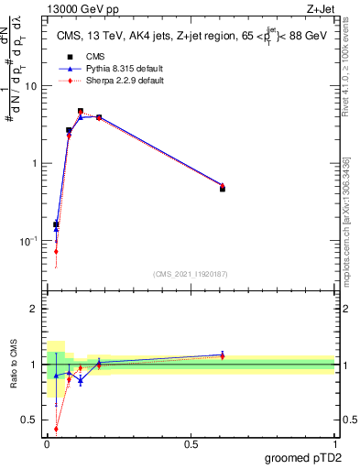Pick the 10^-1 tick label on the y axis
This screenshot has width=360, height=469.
click(x=29, y=241)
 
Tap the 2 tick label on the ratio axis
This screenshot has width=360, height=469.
click(x=36, y=309)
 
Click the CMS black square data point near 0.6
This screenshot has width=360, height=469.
click(x=223, y=189)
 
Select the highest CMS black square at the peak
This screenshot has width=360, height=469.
click(x=81, y=111)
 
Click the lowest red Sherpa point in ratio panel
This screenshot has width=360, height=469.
click(x=56, y=428)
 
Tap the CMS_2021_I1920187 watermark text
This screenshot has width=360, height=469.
click(x=190, y=274)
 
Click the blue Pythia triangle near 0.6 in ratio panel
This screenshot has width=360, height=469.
click(x=223, y=354)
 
